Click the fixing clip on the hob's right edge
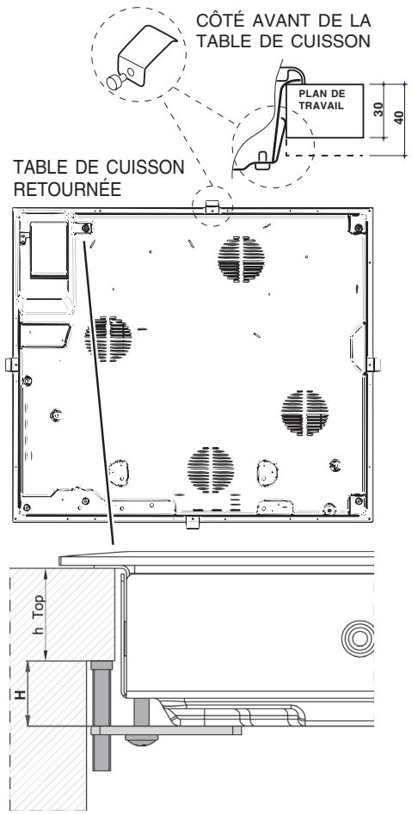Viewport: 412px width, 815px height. click(374, 362)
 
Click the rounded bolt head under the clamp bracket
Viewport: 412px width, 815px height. click(138, 738)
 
